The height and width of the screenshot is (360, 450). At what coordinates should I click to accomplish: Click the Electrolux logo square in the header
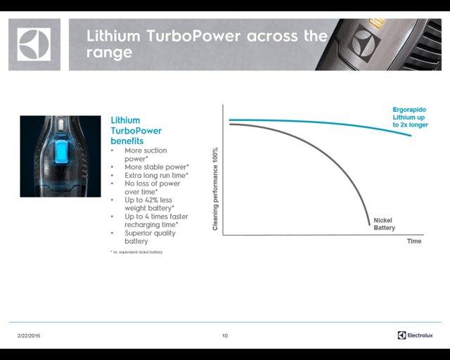[x=34, y=44]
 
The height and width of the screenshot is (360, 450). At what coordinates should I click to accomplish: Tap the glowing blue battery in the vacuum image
[x=61, y=152]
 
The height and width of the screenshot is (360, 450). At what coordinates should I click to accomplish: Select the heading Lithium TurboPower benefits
[x=136, y=131]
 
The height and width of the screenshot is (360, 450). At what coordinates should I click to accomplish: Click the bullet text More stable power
[x=157, y=167]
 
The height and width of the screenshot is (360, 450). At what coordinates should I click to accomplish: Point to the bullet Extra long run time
[x=156, y=175]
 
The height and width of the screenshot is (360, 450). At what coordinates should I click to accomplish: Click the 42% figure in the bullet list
[x=155, y=200]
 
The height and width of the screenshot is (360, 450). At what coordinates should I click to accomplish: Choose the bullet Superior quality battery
[x=150, y=237]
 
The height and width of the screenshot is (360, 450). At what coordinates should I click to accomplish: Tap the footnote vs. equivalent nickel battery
[x=136, y=252]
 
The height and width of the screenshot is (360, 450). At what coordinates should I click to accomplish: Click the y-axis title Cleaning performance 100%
[x=215, y=189]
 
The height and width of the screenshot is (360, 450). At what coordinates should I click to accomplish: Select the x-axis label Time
[x=414, y=241]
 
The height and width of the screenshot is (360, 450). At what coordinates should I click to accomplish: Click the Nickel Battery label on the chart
[x=385, y=224]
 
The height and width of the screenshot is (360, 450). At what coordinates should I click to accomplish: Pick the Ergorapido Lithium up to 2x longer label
[x=410, y=117]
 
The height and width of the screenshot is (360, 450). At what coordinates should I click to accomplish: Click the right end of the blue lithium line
[x=411, y=136]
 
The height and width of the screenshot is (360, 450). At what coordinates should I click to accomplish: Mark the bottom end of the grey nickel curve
[x=369, y=224]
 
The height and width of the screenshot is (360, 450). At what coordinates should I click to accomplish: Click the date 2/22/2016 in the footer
[x=29, y=335]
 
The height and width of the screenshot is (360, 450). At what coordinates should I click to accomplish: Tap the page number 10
[x=225, y=335]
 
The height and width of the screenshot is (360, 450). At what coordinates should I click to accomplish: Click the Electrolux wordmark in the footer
[x=420, y=335]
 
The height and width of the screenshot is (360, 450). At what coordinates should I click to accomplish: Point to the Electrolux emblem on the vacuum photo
[x=364, y=43]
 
